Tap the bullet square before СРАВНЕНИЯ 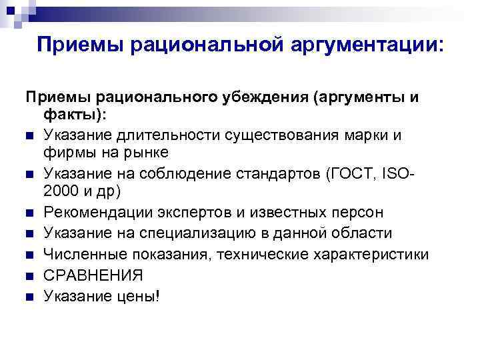[31, 275]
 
